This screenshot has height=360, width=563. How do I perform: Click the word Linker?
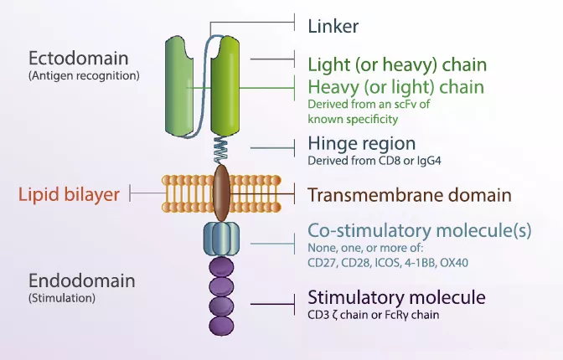(333, 26)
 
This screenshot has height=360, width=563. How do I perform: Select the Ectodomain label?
(78, 59)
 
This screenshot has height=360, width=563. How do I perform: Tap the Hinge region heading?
(361, 143)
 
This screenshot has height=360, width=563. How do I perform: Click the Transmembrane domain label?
(409, 195)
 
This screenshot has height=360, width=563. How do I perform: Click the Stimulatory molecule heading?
(396, 297)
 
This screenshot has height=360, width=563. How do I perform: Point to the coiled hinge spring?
(222, 150)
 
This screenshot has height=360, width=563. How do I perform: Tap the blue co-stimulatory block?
(222, 239)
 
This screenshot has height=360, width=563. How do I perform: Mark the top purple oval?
(222, 268)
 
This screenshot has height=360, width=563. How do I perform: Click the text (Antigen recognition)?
(84, 75)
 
